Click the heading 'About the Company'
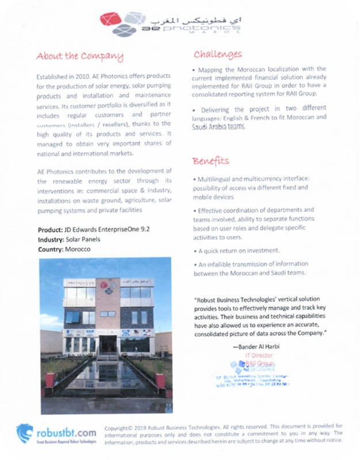click(x=79, y=56)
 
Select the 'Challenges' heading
click(x=217, y=54)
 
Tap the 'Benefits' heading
click(x=210, y=160)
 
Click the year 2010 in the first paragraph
click(x=81, y=77)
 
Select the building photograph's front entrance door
click(x=107, y=345)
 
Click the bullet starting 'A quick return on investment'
click(x=237, y=250)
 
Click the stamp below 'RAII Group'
click(x=257, y=376)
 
